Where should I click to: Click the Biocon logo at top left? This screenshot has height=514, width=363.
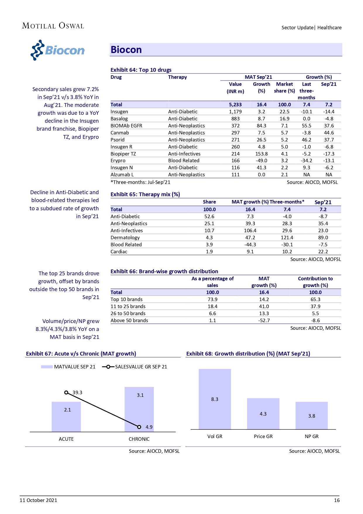pos(58,50)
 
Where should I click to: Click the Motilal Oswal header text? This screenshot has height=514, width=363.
pos(53,26)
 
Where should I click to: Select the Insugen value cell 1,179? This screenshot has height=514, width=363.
pos(235,112)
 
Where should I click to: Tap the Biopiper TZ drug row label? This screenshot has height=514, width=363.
pos(123,154)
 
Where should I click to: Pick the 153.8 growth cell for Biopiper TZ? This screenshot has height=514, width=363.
pos(261,154)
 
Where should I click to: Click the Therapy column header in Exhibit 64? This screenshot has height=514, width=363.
pos(177,77)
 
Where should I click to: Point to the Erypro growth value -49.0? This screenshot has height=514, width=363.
pos(261,160)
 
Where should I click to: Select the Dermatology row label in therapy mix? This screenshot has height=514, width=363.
pos(125,238)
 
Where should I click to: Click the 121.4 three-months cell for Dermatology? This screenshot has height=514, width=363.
pos(287,238)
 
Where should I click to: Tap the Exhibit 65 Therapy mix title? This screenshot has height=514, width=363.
pos(145,194)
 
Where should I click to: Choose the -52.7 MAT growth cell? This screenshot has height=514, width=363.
pos(264,320)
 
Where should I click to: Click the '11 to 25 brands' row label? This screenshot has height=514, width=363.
pos(128,306)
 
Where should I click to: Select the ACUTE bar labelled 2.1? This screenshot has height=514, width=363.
pos(66,416)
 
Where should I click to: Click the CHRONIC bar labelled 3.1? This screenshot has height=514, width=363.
pos(139,409)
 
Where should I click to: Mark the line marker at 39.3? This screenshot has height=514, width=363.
pos(66,392)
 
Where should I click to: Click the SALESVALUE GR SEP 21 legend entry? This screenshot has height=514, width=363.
pos(135,367)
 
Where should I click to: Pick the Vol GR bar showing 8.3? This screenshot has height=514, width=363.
pos(215,399)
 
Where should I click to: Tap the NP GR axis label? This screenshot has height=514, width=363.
pos(312,436)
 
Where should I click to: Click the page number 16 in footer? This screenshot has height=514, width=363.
pos(337,500)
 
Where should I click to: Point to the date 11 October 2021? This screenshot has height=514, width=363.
pos(38,500)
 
